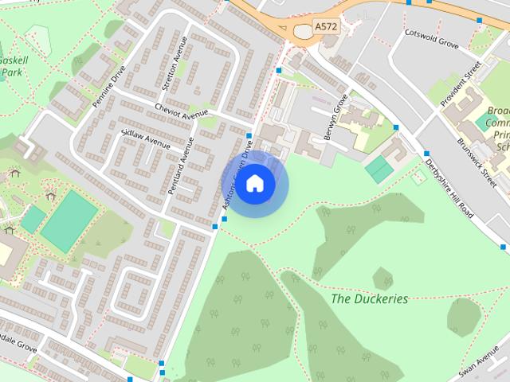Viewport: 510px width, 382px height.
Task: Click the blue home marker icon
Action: (x=254, y=183)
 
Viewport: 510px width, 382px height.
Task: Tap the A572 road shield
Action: (x=325, y=27)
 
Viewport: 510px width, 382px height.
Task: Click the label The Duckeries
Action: (x=369, y=299)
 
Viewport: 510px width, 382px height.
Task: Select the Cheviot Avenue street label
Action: (x=181, y=113)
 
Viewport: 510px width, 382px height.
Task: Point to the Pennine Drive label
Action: (x=108, y=88)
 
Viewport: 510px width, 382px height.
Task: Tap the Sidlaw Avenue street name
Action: (x=145, y=140)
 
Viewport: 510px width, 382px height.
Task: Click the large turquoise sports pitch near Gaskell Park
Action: (x=69, y=220)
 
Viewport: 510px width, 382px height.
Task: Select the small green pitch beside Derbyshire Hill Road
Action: (x=380, y=169)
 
